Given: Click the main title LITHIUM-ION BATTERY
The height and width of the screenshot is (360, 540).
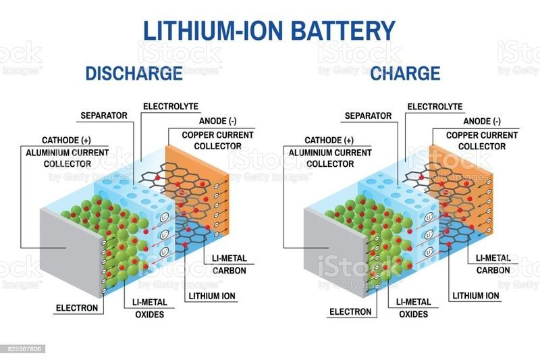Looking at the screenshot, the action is click(x=269, y=30).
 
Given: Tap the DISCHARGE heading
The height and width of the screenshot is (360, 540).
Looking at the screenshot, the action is click(x=134, y=74).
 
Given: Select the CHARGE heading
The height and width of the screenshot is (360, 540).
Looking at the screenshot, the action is click(x=405, y=74).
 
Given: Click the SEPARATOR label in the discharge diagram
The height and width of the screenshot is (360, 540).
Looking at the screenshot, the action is click(x=104, y=115).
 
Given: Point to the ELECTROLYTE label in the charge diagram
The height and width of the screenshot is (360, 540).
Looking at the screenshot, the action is click(x=435, y=107).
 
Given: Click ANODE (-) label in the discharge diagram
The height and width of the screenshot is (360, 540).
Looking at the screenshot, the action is click(x=217, y=121).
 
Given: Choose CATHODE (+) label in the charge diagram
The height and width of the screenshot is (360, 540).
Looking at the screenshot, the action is click(x=329, y=140).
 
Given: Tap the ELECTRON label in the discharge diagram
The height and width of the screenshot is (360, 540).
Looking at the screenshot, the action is click(x=77, y=307).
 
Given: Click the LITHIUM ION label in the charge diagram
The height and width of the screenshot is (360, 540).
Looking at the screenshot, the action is click(x=476, y=296).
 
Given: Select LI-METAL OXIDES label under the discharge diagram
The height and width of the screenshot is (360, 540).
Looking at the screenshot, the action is click(x=150, y=308).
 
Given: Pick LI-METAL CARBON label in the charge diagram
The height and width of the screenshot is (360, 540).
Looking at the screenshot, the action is click(x=493, y=264).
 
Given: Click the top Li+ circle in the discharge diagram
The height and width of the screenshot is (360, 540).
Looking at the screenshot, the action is click(x=165, y=217).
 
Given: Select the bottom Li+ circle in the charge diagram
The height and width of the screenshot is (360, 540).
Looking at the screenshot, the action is click(x=429, y=252).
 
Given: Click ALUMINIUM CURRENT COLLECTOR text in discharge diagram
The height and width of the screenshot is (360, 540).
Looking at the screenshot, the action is click(x=67, y=158).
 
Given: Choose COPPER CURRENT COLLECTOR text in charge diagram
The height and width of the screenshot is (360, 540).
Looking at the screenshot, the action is click(x=482, y=141).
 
